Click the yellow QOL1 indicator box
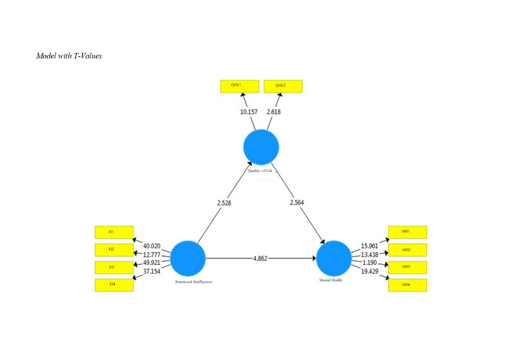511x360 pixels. [x=239, y=86]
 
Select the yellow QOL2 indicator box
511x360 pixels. [x=283, y=86]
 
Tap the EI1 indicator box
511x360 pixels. [x=114, y=232]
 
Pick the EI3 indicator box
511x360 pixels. [x=114, y=267]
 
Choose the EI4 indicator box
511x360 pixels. [x=114, y=285]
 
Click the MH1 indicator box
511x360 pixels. [x=407, y=232]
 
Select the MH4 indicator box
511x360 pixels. [x=407, y=285]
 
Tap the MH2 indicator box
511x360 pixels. [x=407, y=250]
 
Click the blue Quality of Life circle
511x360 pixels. [x=261, y=147]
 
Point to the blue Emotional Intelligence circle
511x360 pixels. [x=188, y=258]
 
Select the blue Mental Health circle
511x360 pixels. [x=334, y=258]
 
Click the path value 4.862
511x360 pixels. [x=260, y=258]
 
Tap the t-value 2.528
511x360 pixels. [x=224, y=203]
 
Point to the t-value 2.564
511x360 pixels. [x=297, y=203]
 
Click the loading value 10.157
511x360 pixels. [x=249, y=112]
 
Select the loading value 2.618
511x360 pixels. [x=274, y=112]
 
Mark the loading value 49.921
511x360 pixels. [x=151, y=263]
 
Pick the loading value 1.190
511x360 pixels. [x=369, y=263]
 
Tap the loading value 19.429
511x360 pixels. [x=369, y=272]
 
